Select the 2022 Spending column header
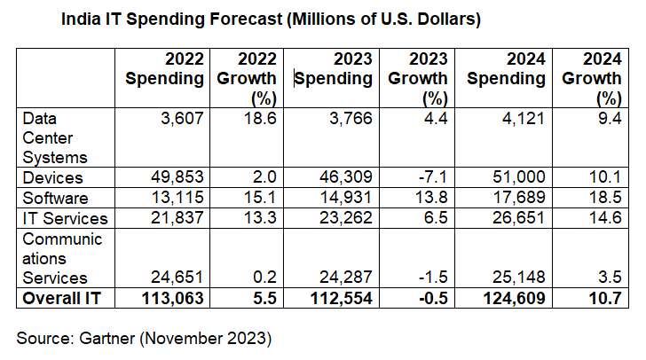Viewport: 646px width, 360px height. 165,69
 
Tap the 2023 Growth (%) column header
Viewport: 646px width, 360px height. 417,78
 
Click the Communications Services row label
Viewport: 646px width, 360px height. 61,258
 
